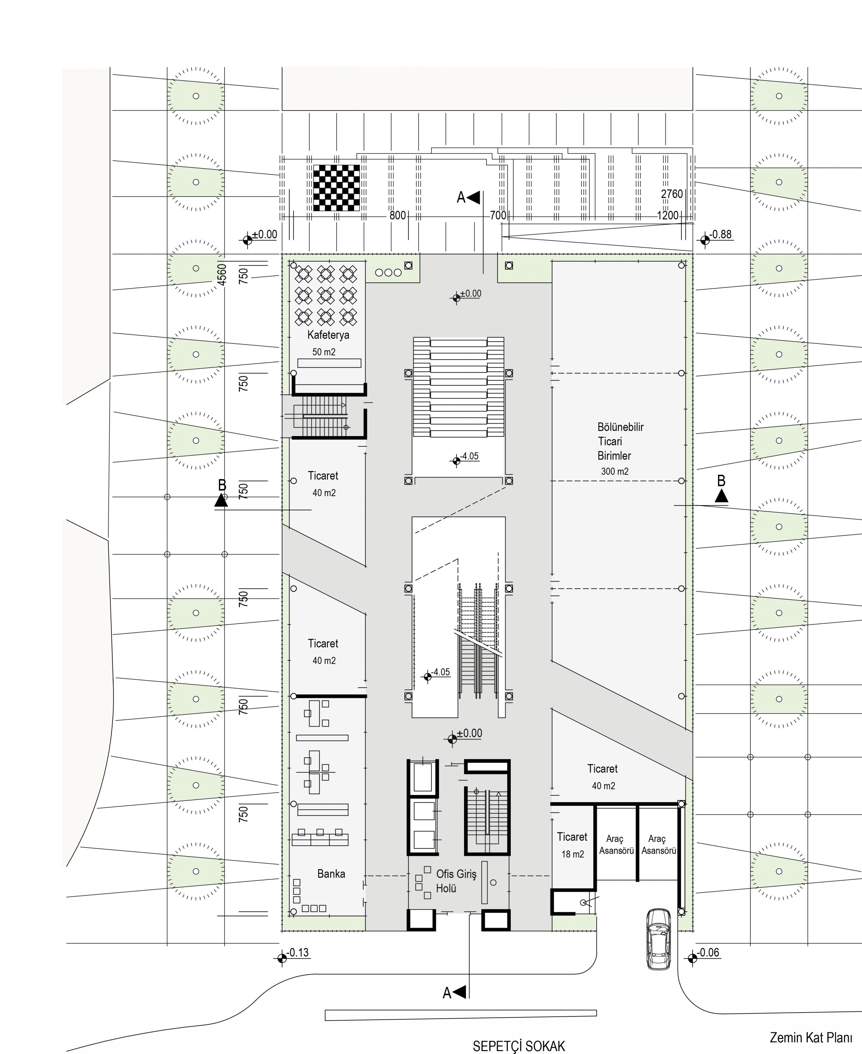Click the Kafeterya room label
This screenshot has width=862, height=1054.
pos(328,335)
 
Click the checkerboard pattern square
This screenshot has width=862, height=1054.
pos(337,188)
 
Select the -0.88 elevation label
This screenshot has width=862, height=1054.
pos(721,234)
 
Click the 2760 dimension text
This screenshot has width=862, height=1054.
pos(672,194)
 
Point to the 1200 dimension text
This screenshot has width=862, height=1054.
pos(668,216)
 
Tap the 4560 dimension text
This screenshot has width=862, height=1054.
pos(222,274)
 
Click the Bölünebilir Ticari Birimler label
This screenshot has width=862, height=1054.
pos(620,441)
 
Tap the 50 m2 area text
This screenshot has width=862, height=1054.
pos(324,352)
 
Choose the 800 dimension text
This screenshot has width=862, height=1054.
pos(398,216)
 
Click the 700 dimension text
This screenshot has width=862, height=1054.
pos(498,216)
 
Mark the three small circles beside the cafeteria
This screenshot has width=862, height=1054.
pos(388,273)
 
